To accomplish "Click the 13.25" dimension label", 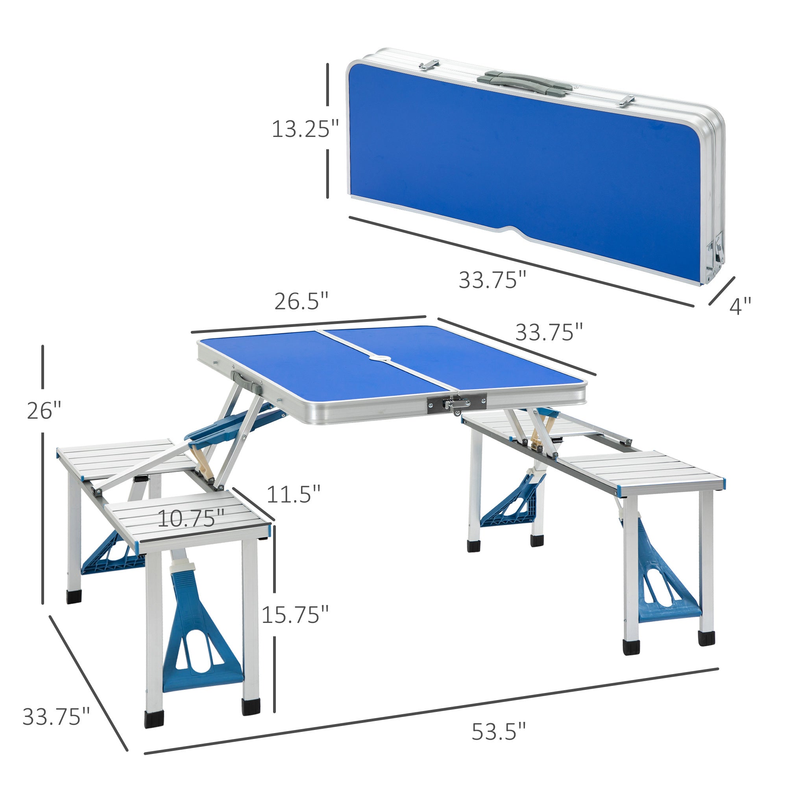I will (305, 129).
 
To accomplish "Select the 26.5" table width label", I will (301, 301).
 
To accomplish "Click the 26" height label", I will (44, 410).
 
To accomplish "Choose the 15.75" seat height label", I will (295, 615).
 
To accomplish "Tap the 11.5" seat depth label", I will (293, 494).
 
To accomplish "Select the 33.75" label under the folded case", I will (493, 280).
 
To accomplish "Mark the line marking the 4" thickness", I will (721, 291).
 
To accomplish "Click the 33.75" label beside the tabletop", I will (549, 332).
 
